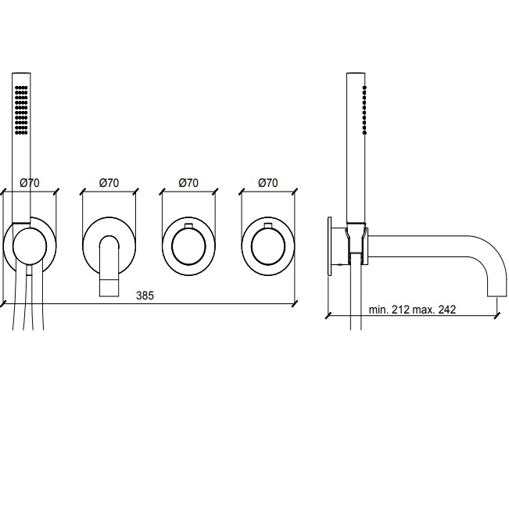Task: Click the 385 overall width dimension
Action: (145, 296)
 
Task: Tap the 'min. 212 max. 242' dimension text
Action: (412, 310)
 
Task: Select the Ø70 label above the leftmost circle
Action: (30, 183)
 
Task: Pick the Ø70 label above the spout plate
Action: (109, 183)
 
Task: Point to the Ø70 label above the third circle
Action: (188, 183)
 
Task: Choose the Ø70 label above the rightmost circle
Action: (268, 183)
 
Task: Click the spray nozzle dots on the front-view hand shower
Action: (21, 110)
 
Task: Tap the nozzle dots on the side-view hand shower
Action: (364, 110)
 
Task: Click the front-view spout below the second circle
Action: (109, 266)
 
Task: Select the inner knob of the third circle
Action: (188, 246)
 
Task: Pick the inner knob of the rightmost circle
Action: (268, 246)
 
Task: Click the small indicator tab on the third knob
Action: (188, 226)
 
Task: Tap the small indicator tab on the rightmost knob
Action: (268, 226)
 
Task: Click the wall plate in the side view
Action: (330, 246)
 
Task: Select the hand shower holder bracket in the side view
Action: (356, 243)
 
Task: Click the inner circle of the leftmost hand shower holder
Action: (30, 246)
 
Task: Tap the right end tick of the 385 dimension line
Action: (295, 304)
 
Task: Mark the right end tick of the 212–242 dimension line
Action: (496, 315)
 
